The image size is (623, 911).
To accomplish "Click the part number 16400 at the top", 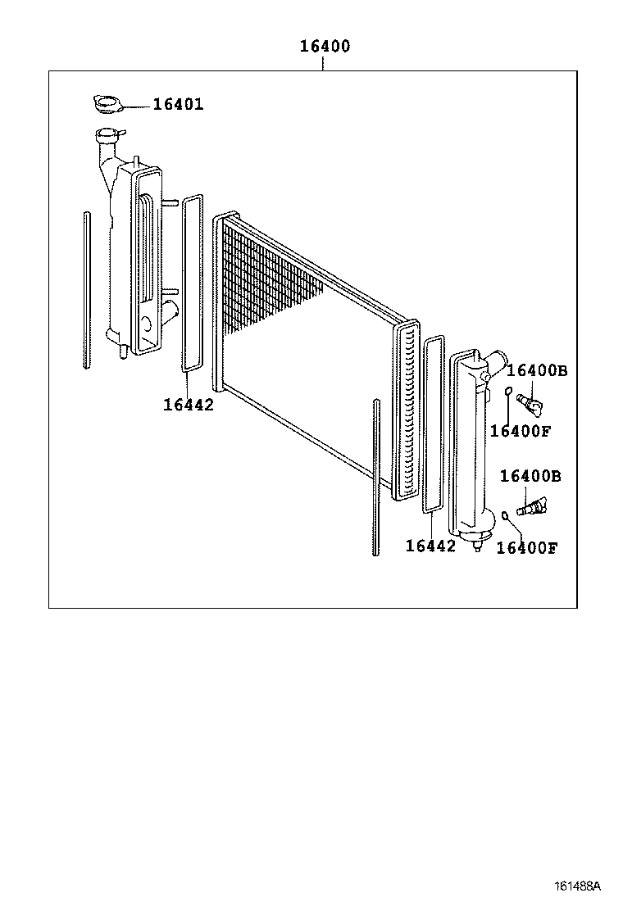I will click(324, 47).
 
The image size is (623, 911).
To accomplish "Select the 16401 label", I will click(177, 105).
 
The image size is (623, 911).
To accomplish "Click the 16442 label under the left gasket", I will click(188, 404).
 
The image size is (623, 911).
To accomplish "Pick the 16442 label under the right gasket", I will click(430, 546).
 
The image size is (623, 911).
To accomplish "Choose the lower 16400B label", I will click(530, 476).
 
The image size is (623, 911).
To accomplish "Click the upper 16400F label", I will click(521, 431).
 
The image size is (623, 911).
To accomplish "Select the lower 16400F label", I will click(527, 548).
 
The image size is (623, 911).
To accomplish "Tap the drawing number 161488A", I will click(577, 886).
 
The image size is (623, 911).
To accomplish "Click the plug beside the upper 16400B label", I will click(532, 404).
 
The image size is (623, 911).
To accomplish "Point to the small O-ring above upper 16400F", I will click(508, 391).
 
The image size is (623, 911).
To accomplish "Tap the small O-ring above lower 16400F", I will click(505, 515).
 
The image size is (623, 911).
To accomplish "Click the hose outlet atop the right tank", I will click(494, 360).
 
